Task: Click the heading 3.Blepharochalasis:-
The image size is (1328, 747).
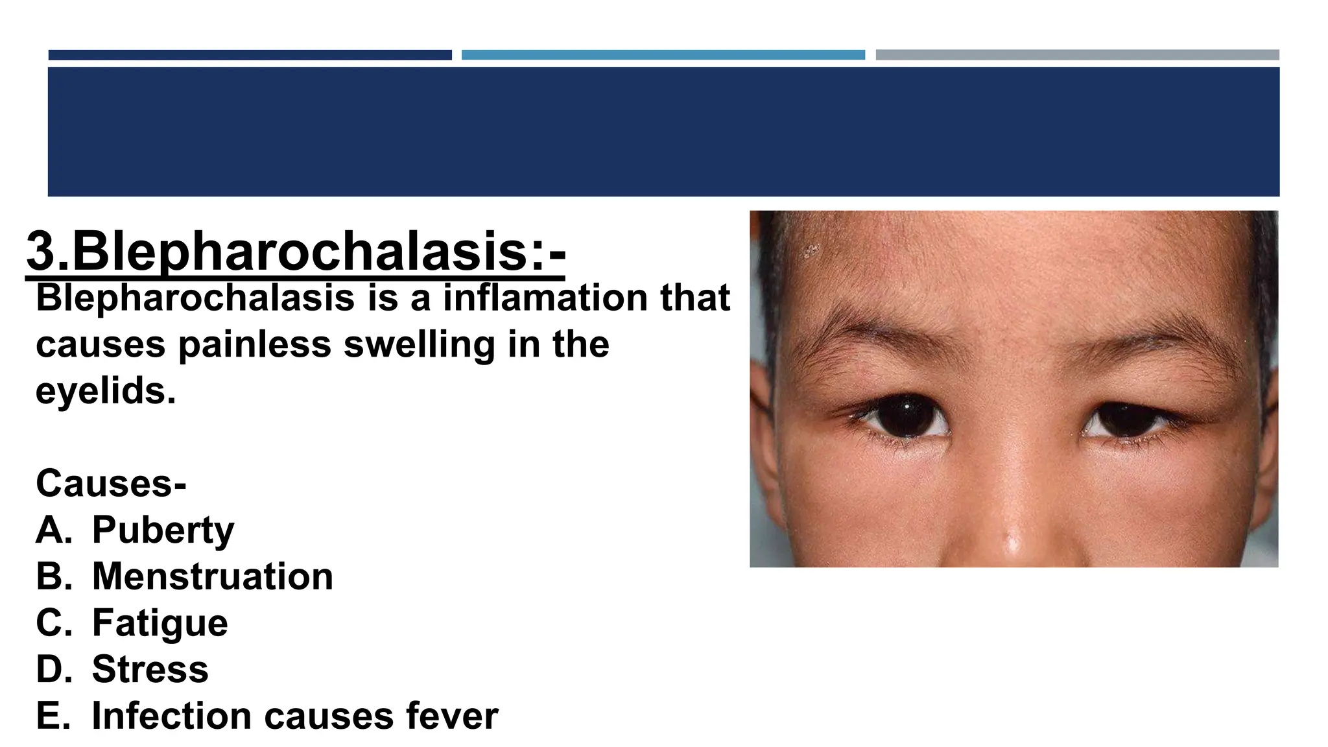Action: (x=296, y=252)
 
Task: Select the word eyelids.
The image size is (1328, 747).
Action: (x=105, y=391)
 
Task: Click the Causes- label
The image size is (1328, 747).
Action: (x=111, y=484)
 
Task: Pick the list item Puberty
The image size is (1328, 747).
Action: (x=163, y=530)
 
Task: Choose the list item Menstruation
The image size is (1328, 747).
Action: (x=212, y=576)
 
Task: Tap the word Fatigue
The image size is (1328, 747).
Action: (x=160, y=623)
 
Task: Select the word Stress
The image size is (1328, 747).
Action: (x=150, y=669)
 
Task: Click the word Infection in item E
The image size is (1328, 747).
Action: (x=171, y=716)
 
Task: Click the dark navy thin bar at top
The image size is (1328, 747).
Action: (x=250, y=55)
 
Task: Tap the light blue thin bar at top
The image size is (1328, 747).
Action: (x=663, y=55)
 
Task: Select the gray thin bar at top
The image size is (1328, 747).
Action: (x=1077, y=55)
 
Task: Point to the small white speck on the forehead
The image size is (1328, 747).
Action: (x=809, y=250)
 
